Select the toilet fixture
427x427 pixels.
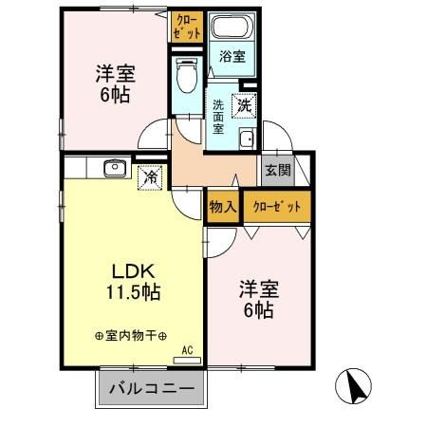(x=186, y=71)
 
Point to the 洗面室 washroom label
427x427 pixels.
(x=218, y=117)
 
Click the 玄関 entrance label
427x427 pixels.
(x=277, y=172)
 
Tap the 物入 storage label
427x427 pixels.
(x=222, y=206)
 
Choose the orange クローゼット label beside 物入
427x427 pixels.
(x=276, y=206)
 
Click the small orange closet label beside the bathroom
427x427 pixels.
(x=187, y=26)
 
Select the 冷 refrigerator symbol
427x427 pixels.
(x=150, y=176)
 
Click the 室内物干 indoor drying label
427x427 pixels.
(x=131, y=336)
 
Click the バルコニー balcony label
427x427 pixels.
(x=150, y=389)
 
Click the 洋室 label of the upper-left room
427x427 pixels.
(x=112, y=72)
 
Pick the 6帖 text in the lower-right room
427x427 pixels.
(x=256, y=310)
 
